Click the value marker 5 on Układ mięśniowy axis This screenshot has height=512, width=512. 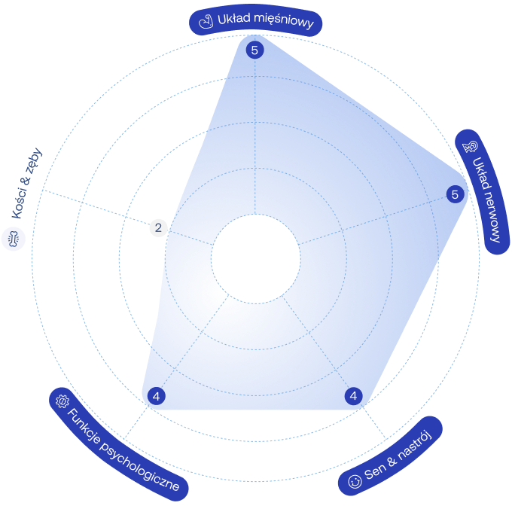tap(254, 50)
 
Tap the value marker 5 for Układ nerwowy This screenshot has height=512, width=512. tap(455, 194)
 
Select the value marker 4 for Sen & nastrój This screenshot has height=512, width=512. tap(353, 396)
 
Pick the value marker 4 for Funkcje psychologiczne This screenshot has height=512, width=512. tap(157, 396)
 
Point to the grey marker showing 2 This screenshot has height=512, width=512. tap(158, 227)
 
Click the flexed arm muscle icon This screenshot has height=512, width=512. tap(206, 22)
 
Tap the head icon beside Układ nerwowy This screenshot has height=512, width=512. tap(470, 147)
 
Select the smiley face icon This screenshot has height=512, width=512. tap(355, 481)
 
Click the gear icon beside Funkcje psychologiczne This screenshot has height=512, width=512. tap(62, 401)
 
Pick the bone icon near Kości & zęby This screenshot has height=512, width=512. tap(14, 239)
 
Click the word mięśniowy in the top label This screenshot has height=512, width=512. tap(283, 21)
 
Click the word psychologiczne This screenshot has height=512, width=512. tap(139, 466)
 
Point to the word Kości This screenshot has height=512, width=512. tap(20, 203)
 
